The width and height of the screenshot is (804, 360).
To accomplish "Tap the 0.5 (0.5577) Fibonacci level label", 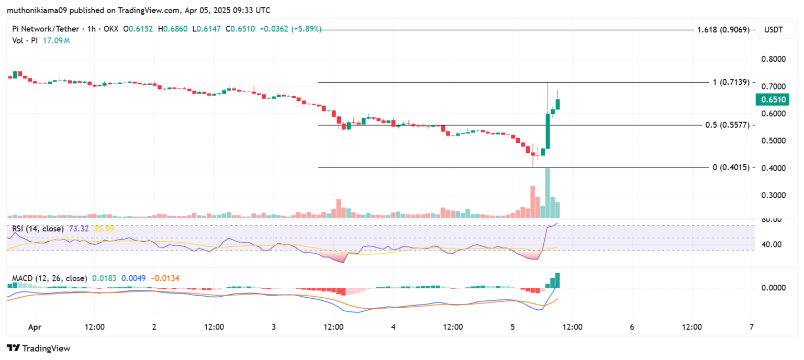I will coord(728,126).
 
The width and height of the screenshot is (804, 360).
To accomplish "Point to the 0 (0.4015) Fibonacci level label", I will coord(731,167).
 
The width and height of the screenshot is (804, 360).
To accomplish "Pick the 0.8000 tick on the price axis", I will coord(773,59).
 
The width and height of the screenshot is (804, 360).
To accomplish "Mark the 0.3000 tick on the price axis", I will coord(773,195).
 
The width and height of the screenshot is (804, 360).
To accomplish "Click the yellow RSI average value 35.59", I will coord(104,229).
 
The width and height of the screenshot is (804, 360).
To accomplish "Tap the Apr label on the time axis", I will coord(35,328).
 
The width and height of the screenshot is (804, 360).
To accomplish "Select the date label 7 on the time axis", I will coord(751,328).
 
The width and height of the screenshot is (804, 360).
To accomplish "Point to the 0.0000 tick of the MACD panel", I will coord(773,288).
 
